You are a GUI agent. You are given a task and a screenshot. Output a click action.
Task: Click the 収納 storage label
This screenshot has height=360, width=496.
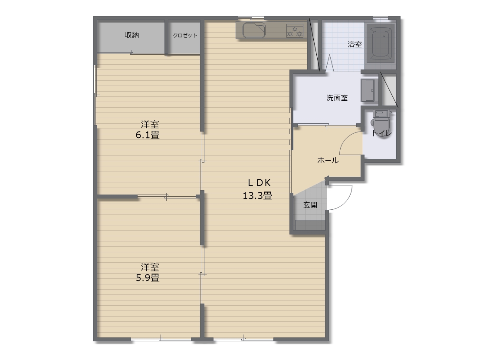point(132,35)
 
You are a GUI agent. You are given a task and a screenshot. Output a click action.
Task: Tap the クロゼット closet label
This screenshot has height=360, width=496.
point(185,36)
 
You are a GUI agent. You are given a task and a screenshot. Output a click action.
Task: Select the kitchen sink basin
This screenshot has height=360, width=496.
point(254,30)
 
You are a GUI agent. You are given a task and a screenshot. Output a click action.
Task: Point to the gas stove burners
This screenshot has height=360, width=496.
point(295,31)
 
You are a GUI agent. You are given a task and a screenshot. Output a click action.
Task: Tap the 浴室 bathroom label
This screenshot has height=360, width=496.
point(355,44)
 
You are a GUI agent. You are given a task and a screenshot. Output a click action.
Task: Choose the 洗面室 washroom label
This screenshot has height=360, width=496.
point(337,98)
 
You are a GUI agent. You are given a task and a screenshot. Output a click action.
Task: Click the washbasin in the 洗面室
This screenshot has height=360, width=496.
point(369,90)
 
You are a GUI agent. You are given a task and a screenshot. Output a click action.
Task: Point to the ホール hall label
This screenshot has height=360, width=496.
point(328,161)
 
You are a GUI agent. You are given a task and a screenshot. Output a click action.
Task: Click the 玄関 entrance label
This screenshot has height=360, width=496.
point(310,205)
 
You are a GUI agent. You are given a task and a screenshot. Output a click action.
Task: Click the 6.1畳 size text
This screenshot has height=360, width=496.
point(148,135)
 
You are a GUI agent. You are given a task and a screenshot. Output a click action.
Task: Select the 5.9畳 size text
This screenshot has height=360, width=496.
point(148,278)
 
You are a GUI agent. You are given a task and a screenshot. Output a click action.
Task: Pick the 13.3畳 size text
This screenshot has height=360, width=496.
point(257,196)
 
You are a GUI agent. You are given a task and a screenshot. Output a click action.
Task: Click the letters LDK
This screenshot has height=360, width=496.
point(259,183)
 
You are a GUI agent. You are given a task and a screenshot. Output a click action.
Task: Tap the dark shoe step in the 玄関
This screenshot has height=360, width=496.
point(310,225)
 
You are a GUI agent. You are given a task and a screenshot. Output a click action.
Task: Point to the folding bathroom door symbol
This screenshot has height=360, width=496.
point(329,63)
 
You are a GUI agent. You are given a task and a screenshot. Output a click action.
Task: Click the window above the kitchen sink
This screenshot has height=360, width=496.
point(251,18)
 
